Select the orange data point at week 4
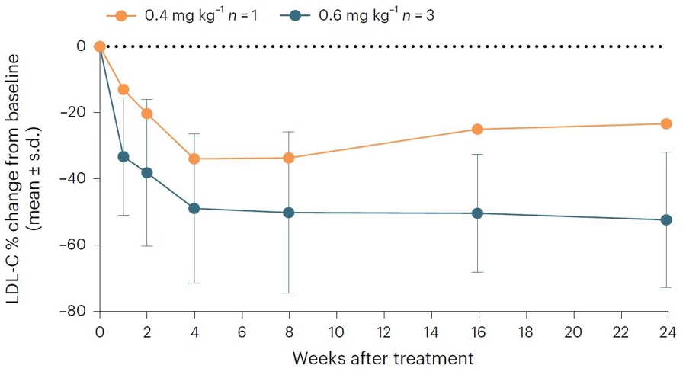[194, 159]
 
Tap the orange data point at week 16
[478, 130]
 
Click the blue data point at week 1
[123, 156]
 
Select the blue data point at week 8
[289, 213]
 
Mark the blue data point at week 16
[478, 213]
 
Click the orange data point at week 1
[123, 89]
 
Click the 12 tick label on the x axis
[383, 332]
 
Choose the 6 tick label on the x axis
[242, 332]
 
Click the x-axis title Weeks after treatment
[383, 357]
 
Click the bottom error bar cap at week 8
[289, 293]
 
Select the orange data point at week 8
[289, 158]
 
